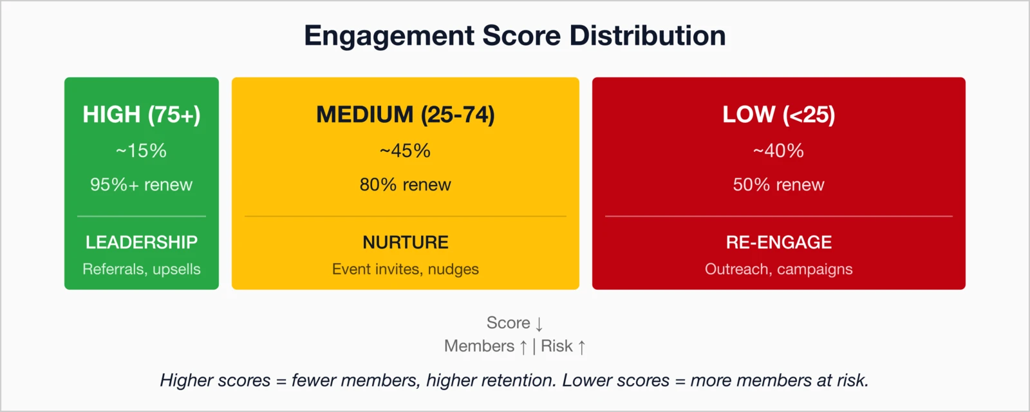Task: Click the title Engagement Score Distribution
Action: click(x=514, y=36)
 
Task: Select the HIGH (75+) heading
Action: click(x=142, y=115)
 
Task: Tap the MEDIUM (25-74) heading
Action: click(x=406, y=115)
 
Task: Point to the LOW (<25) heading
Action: click(x=778, y=115)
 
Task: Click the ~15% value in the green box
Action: click(x=142, y=151)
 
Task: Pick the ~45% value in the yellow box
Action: click(x=406, y=151)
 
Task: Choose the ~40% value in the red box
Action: click(x=778, y=151)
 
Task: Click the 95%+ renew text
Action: click(x=142, y=185)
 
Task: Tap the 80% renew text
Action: click(x=406, y=185)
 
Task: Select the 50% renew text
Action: click(x=778, y=185)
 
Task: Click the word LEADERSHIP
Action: click(x=142, y=242)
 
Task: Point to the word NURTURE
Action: click(x=406, y=242)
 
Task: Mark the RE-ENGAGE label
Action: click(x=778, y=242)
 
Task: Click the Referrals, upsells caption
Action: click(x=142, y=269)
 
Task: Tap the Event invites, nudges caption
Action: click(x=406, y=269)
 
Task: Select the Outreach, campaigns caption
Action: click(x=778, y=269)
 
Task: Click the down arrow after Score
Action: click(x=539, y=324)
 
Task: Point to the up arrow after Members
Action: click(x=523, y=347)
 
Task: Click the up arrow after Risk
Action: click(x=581, y=347)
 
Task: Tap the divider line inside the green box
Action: click(x=142, y=216)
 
